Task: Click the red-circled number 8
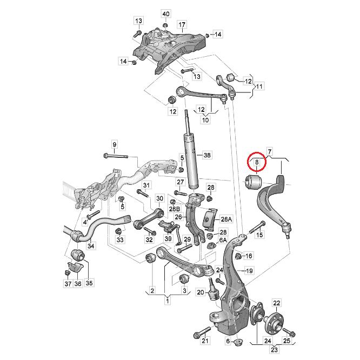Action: pyautogui.click(x=257, y=162)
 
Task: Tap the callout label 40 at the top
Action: pyautogui.click(x=165, y=13)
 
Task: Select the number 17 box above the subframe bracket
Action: pyautogui.click(x=182, y=25)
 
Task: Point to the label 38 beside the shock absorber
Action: pyautogui.click(x=205, y=155)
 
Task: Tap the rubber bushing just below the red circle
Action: pyautogui.click(x=254, y=182)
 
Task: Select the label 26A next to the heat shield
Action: pyautogui.click(x=226, y=219)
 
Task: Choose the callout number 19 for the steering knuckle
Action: pyautogui.click(x=250, y=270)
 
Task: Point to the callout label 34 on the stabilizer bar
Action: pyautogui.click(x=91, y=246)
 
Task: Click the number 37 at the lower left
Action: pyautogui.click(x=68, y=283)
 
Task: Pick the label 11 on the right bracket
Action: pyautogui.click(x=259, y=86)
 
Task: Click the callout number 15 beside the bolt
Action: pyautogui.click(x=259, y=235)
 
